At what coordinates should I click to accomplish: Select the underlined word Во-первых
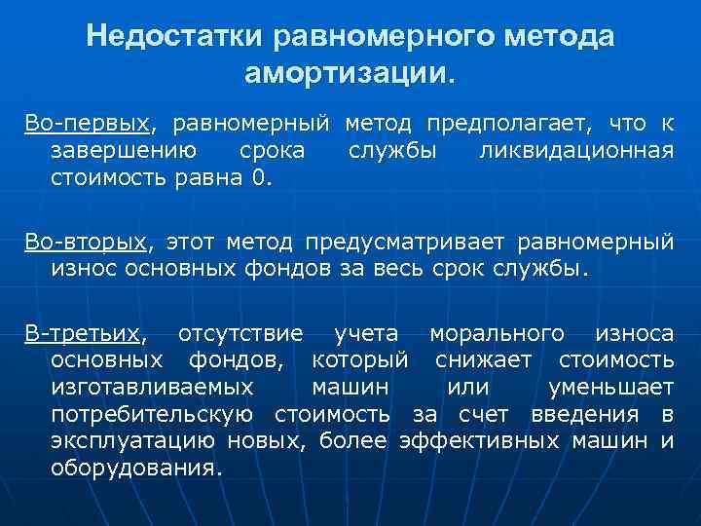point(88,124)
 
